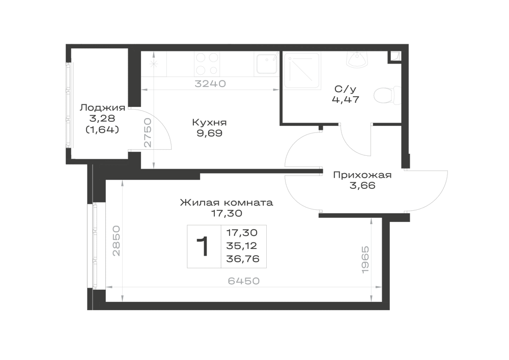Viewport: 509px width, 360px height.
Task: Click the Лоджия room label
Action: pos(103,107)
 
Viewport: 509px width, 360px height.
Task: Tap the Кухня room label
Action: pos(209,122)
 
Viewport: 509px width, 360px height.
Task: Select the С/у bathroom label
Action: pos(346,89)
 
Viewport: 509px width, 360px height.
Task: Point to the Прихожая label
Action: pos(362,175)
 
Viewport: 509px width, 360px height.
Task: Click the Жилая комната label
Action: pos(227,203)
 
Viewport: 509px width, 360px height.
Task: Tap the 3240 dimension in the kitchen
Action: pos(210,84)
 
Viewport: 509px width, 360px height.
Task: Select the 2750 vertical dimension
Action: pos(148,133)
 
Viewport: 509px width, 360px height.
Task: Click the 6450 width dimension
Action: pos(244,281)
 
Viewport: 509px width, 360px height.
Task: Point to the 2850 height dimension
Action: pos(116,240)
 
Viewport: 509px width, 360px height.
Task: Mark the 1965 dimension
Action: pos(365,260)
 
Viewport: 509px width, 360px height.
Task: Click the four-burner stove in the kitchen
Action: pos(207,64)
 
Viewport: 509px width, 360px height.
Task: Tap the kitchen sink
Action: pos(267,63)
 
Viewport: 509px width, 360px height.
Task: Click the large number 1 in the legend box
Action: pos(203,246)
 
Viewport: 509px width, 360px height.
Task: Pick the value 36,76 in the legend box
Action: pos(243,259)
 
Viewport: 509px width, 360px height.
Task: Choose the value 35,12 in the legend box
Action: pos(241,246)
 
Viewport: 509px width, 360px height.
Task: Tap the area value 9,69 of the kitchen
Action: pos(209,133)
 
